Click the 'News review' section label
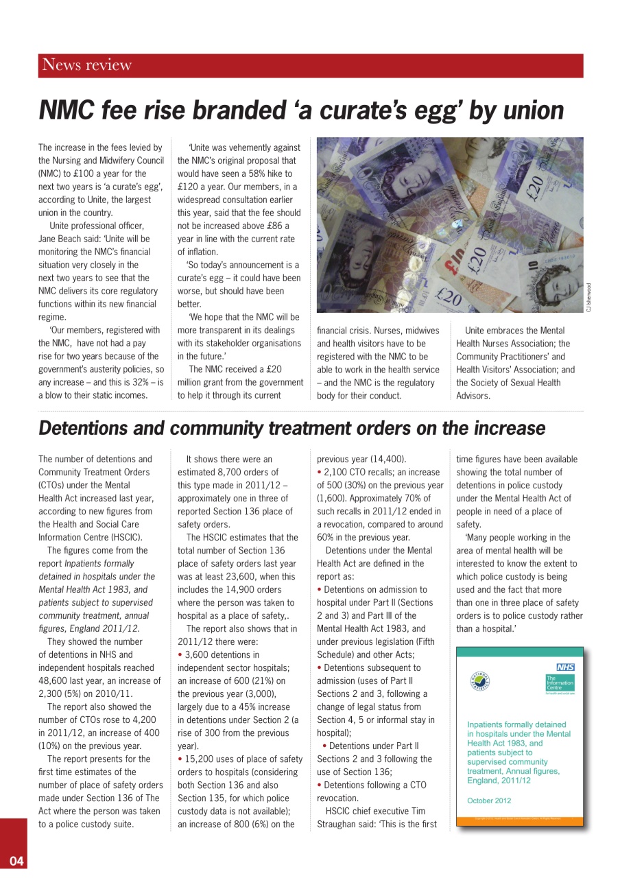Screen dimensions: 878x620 [86, 65]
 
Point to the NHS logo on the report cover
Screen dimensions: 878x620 [565, 667]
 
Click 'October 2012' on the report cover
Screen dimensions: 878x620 [489, 800]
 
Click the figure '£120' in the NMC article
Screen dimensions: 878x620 [188, 187]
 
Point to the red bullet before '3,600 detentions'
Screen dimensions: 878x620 [180, 655]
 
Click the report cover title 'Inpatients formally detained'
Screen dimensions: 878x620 [516, 724]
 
